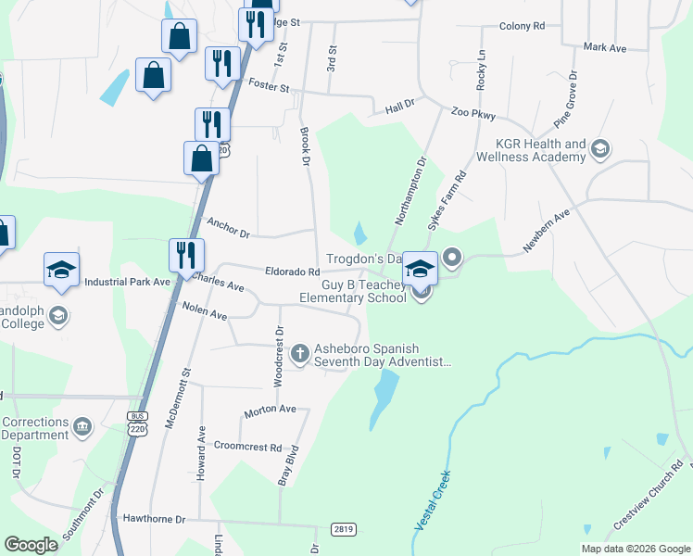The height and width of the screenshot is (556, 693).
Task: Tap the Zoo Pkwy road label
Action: [473, 114]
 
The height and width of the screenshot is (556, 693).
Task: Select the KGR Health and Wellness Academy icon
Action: [600, 149]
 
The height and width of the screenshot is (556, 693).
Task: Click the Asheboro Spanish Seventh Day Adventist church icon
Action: [299, 353]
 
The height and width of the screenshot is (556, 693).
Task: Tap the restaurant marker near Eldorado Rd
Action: [183, 255]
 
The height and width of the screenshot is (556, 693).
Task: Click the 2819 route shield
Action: [343, 529]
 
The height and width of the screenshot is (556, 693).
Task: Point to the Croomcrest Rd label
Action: [247, 447]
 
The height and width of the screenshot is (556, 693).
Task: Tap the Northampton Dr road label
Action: [409, 191]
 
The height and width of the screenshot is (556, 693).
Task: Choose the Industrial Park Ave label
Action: [128, 282]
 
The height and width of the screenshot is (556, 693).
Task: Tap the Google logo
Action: [31, 545]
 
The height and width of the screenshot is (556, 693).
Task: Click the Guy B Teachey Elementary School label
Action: [353, 292]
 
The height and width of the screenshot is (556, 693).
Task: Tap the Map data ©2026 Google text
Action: [635, 549]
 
